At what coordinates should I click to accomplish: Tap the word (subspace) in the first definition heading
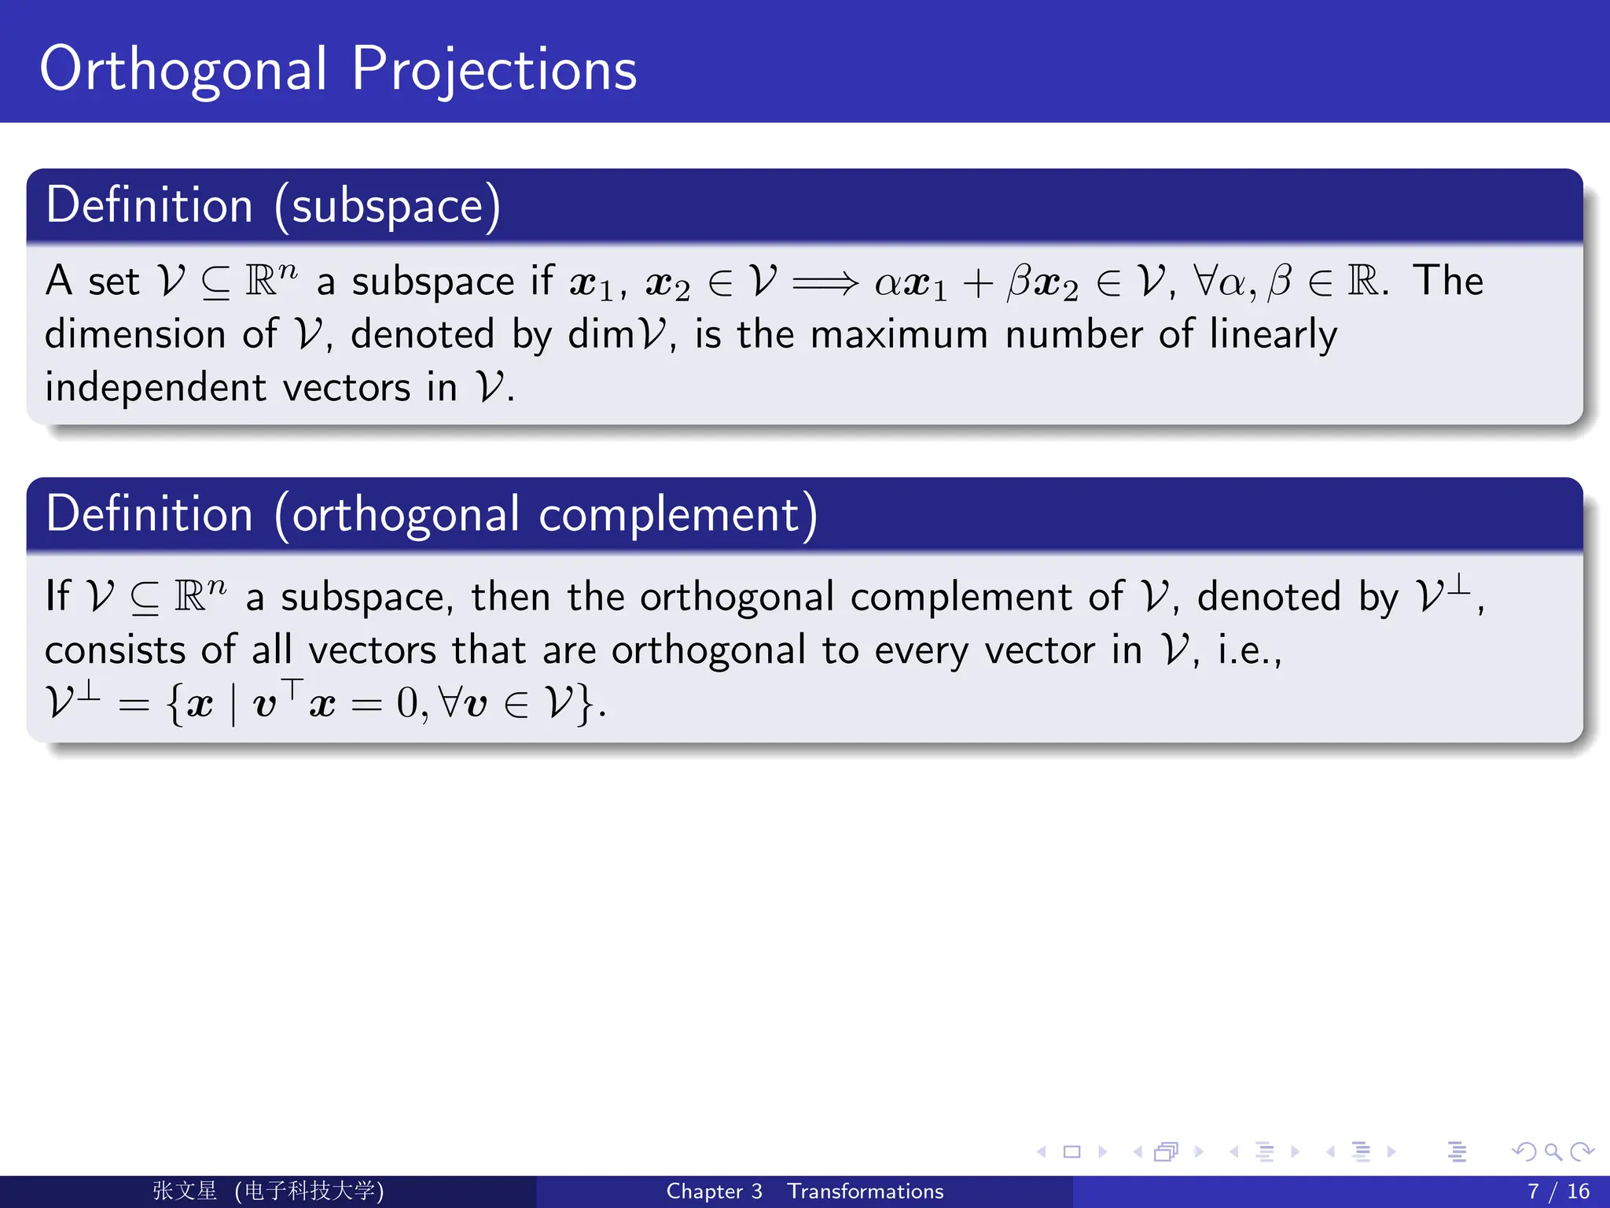[388, 206]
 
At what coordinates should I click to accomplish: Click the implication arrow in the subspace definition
[825, 282]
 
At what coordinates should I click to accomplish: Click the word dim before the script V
[601, 334]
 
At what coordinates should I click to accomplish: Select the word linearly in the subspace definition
[1273, 334]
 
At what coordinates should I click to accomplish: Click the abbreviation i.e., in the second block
[1249, 650]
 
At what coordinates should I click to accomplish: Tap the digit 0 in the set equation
[408, 702]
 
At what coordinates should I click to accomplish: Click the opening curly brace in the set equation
[175, 704]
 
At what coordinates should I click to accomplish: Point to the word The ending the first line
[1447, 281]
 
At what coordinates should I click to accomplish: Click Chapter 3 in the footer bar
[714, 1191]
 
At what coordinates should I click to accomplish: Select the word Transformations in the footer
[865, 1191]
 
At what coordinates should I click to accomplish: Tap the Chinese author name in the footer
[185, 1191]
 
